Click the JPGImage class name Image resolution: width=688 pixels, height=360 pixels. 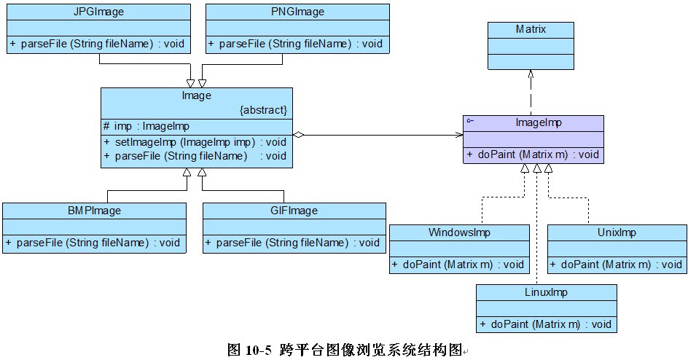(x=98, y=12)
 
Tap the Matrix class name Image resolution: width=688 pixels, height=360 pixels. (x=531, y=30)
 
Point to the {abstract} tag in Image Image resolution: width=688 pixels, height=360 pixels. (x=263, y=110)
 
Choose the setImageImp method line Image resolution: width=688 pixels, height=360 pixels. (x=195, y=141)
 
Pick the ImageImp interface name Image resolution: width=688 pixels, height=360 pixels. (x=533, y=123)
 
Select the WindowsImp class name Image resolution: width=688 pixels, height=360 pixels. (x=459, y=232)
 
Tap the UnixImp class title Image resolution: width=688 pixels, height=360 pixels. (x=617, y=232)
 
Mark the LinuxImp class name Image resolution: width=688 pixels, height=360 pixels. (x=546, y=292)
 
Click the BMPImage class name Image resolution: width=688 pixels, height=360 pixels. (x=94, y=211)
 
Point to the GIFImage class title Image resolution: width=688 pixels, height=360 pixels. (x=294, y=211)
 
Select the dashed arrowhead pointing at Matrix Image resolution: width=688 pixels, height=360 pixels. (x=531, y=74)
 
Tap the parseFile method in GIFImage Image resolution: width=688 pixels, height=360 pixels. (x=294, y=243)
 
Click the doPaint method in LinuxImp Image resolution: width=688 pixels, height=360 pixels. (x=546, y=324)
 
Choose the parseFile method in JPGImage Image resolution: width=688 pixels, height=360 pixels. (x=98, y=44)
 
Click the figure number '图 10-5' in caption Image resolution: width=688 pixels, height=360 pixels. (x=249, y=351)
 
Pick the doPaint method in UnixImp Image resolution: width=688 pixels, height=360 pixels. (x=617, y=265)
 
